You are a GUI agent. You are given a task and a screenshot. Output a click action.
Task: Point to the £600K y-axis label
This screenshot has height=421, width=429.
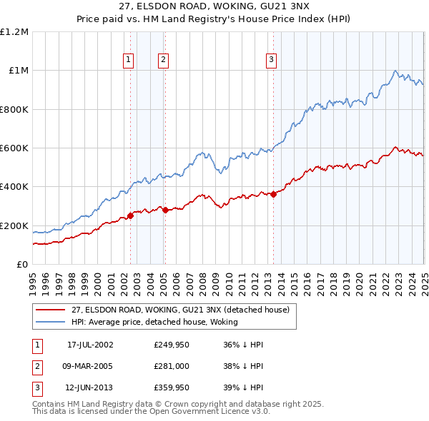tap(14, 148)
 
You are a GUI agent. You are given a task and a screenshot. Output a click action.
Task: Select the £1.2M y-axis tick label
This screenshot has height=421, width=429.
tap(14, 31)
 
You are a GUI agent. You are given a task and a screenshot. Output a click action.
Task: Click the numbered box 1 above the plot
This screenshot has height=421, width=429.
tap(128, 60)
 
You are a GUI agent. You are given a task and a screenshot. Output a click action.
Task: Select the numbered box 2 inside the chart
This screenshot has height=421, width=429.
tap(164, 60)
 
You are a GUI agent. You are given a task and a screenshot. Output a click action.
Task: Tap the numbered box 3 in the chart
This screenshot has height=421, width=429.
tap(272, 60)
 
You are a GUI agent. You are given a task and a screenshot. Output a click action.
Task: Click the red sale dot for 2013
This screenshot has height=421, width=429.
tap(274, 194)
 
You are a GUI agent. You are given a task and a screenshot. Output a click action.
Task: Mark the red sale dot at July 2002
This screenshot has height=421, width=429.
tap(130, 215)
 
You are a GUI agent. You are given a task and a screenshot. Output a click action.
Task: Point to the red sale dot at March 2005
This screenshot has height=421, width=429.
tap(165, 210)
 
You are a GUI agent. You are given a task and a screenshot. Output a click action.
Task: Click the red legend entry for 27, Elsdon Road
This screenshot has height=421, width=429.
tap(179, 310)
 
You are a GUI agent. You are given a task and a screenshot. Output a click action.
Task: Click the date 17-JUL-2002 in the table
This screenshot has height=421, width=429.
tap(90, 345)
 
